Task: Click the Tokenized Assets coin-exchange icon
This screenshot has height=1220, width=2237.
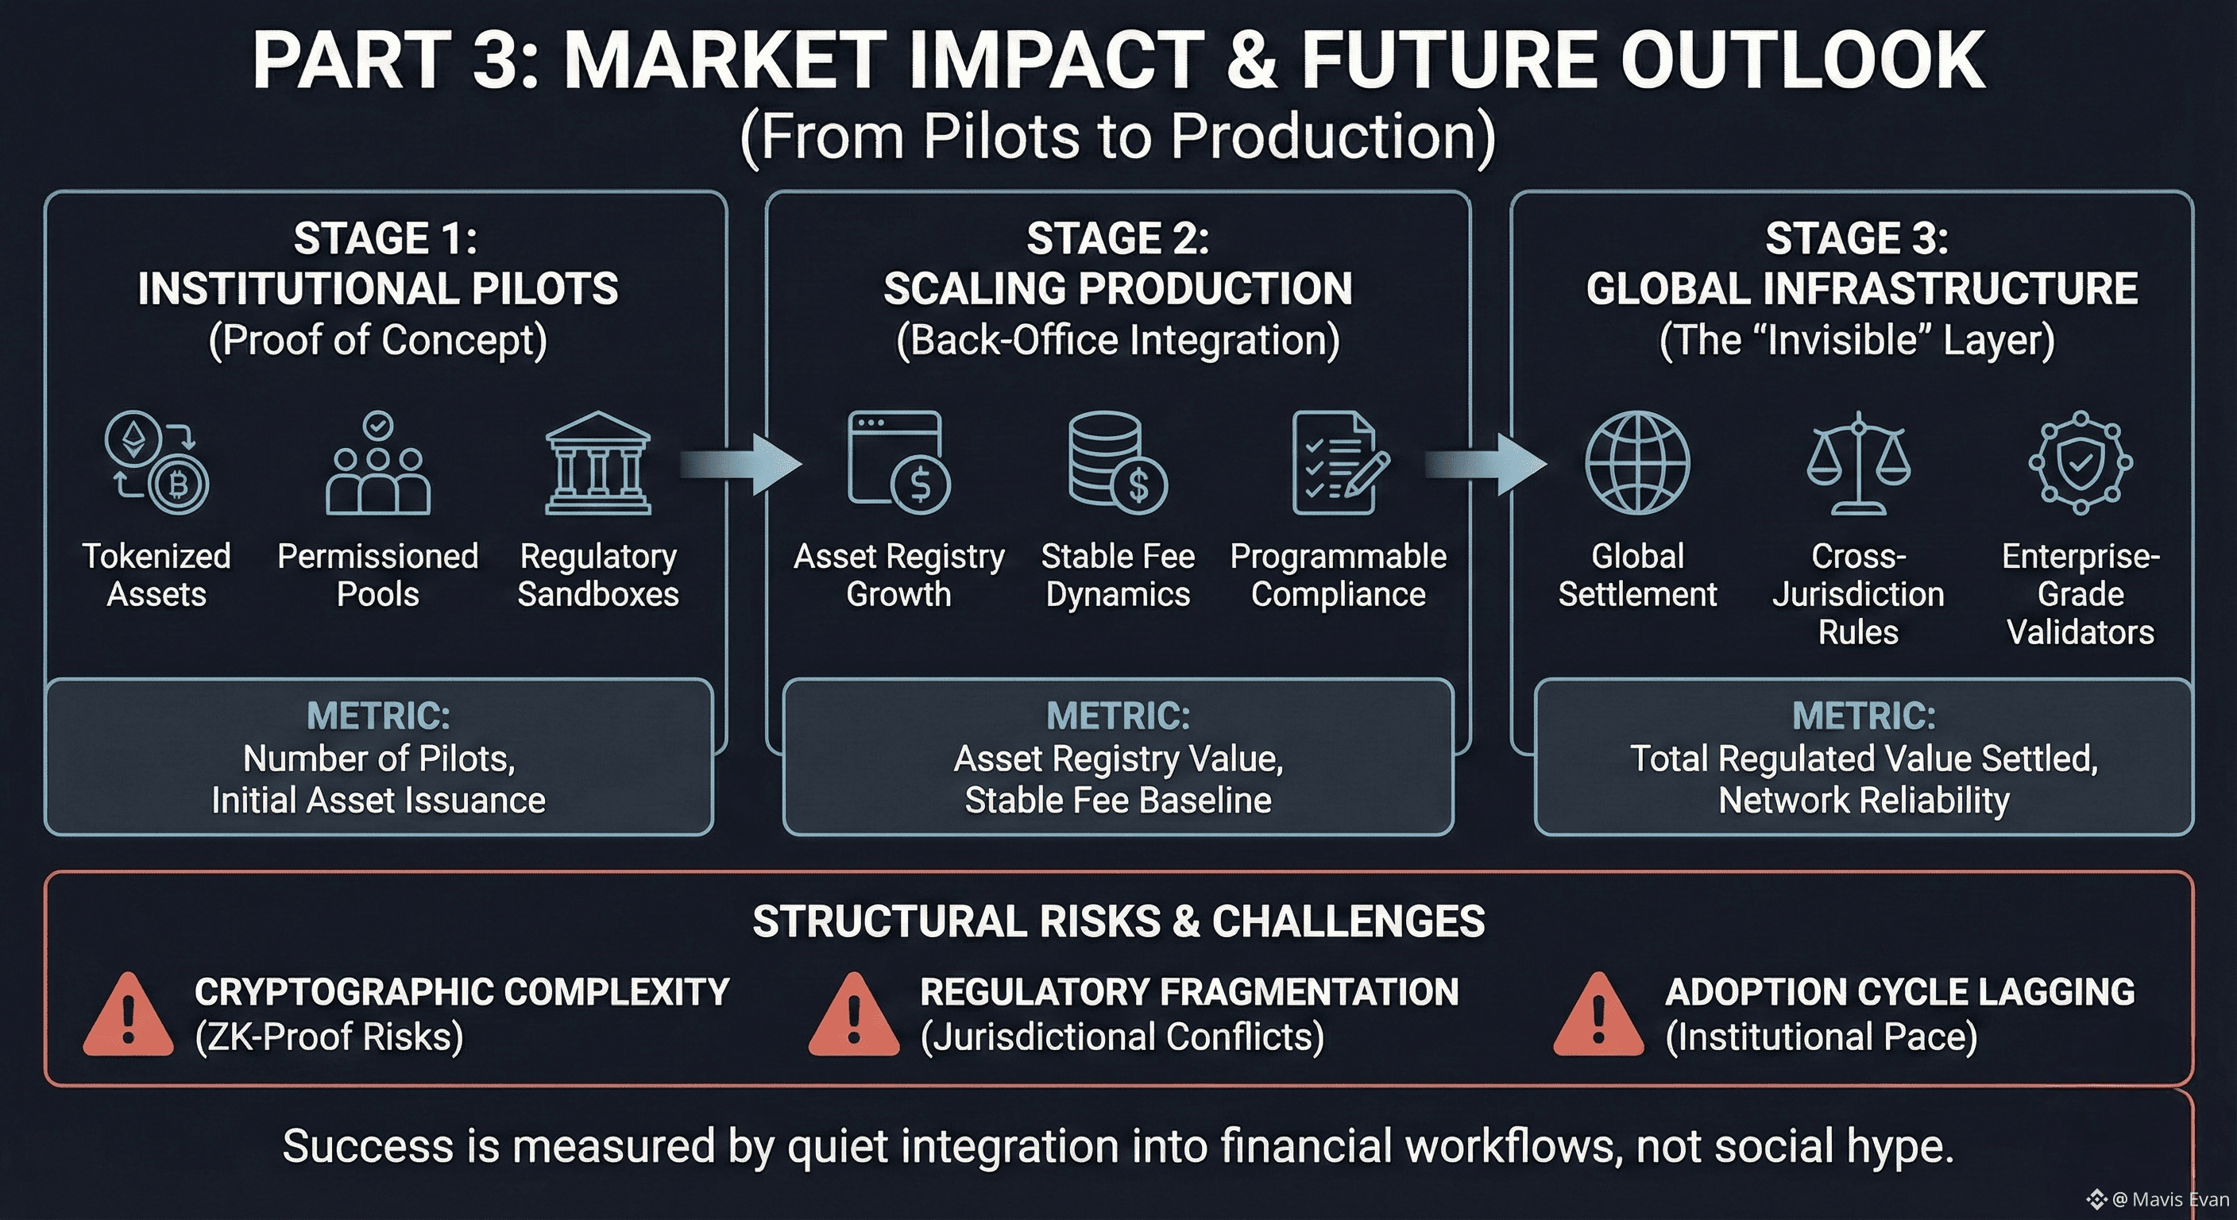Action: (157, 463)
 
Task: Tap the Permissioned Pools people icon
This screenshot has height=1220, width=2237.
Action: (378, 465)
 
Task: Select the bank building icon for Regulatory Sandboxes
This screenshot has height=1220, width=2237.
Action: (597, 464)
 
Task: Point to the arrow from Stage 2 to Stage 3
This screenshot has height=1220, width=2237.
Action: (1488, 465)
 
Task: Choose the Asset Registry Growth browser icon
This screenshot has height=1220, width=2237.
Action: (898, 462)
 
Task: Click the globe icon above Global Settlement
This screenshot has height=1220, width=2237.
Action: (1637, 463)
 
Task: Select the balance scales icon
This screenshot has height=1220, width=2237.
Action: (1858, 463)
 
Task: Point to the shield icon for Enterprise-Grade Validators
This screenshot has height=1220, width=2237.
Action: (2080, 463)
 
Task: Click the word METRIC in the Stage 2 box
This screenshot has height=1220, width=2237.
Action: (1118, 716)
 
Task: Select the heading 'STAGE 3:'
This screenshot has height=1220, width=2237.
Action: (1856, 239)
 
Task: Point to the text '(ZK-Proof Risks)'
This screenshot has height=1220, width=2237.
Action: (329, 1037)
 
